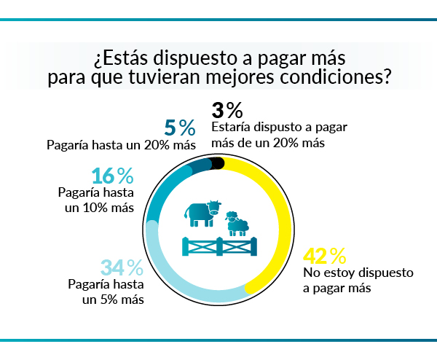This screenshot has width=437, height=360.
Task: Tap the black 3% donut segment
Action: [216, 163]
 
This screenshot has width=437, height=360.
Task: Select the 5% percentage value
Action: [180, 128]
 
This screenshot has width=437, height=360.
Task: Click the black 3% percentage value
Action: [227, 111]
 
